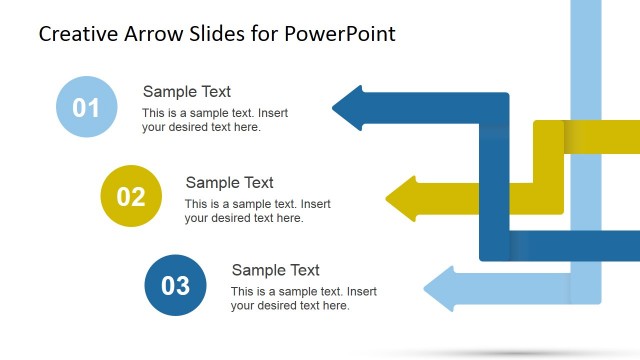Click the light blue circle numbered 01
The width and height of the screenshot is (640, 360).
tap(86, 107)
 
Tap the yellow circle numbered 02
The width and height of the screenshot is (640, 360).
tap(131, 196)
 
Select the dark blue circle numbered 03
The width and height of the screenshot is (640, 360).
tap(175, 285)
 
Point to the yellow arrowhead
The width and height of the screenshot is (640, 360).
tap(402, 198)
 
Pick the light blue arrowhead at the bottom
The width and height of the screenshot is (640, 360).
tap(440, 289)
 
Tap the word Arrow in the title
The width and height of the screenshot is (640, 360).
tap(150, 34)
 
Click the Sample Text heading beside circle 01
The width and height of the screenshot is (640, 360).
tap(186, 92)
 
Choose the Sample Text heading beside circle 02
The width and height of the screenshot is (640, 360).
tap(229, 182)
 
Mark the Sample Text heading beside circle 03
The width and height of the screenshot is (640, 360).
tap(275, 270)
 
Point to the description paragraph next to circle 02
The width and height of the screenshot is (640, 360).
tap(257, 211)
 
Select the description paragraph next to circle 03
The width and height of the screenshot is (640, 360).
tap(303, 299)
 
